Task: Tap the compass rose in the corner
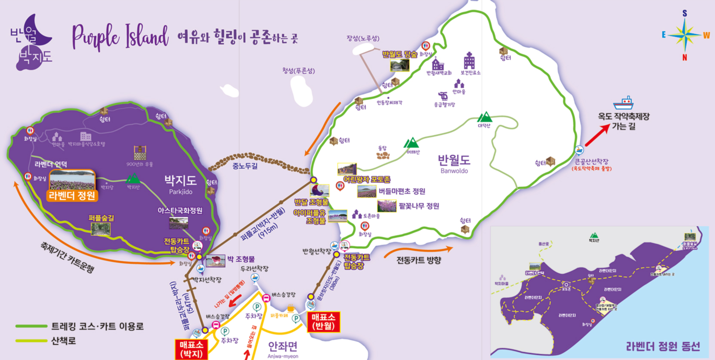tap(684, 35)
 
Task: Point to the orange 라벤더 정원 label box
tap(72, 196)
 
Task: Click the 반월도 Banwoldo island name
tap(454, 163)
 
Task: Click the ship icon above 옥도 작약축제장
tap(623, 102)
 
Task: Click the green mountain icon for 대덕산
tap(485, 118)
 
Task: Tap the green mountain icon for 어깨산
tap(412, 143)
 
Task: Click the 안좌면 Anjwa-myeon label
tap(283, 349)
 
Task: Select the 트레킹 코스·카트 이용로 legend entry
tap(97, 327)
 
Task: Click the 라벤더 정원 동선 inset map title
tap(663, 346)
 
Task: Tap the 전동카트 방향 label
tap(419, 260)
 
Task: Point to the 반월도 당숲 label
tap(400, 54)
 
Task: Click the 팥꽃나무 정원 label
tap(419, 206)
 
